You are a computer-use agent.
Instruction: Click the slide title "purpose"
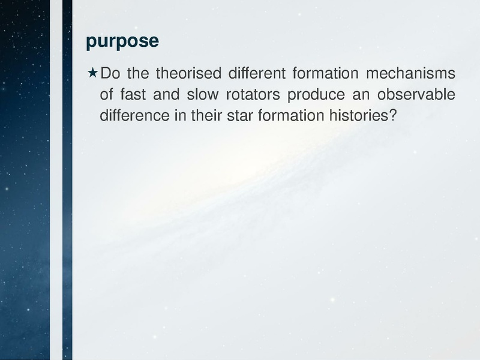click(122, 41)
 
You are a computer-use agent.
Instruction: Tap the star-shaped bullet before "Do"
click(92, 74)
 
